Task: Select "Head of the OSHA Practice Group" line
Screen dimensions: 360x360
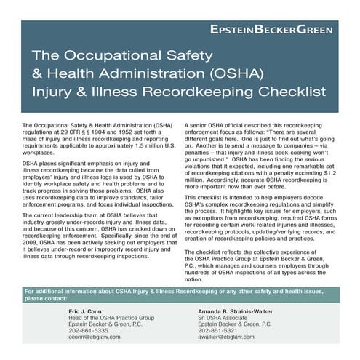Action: (x=111, y=319)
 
